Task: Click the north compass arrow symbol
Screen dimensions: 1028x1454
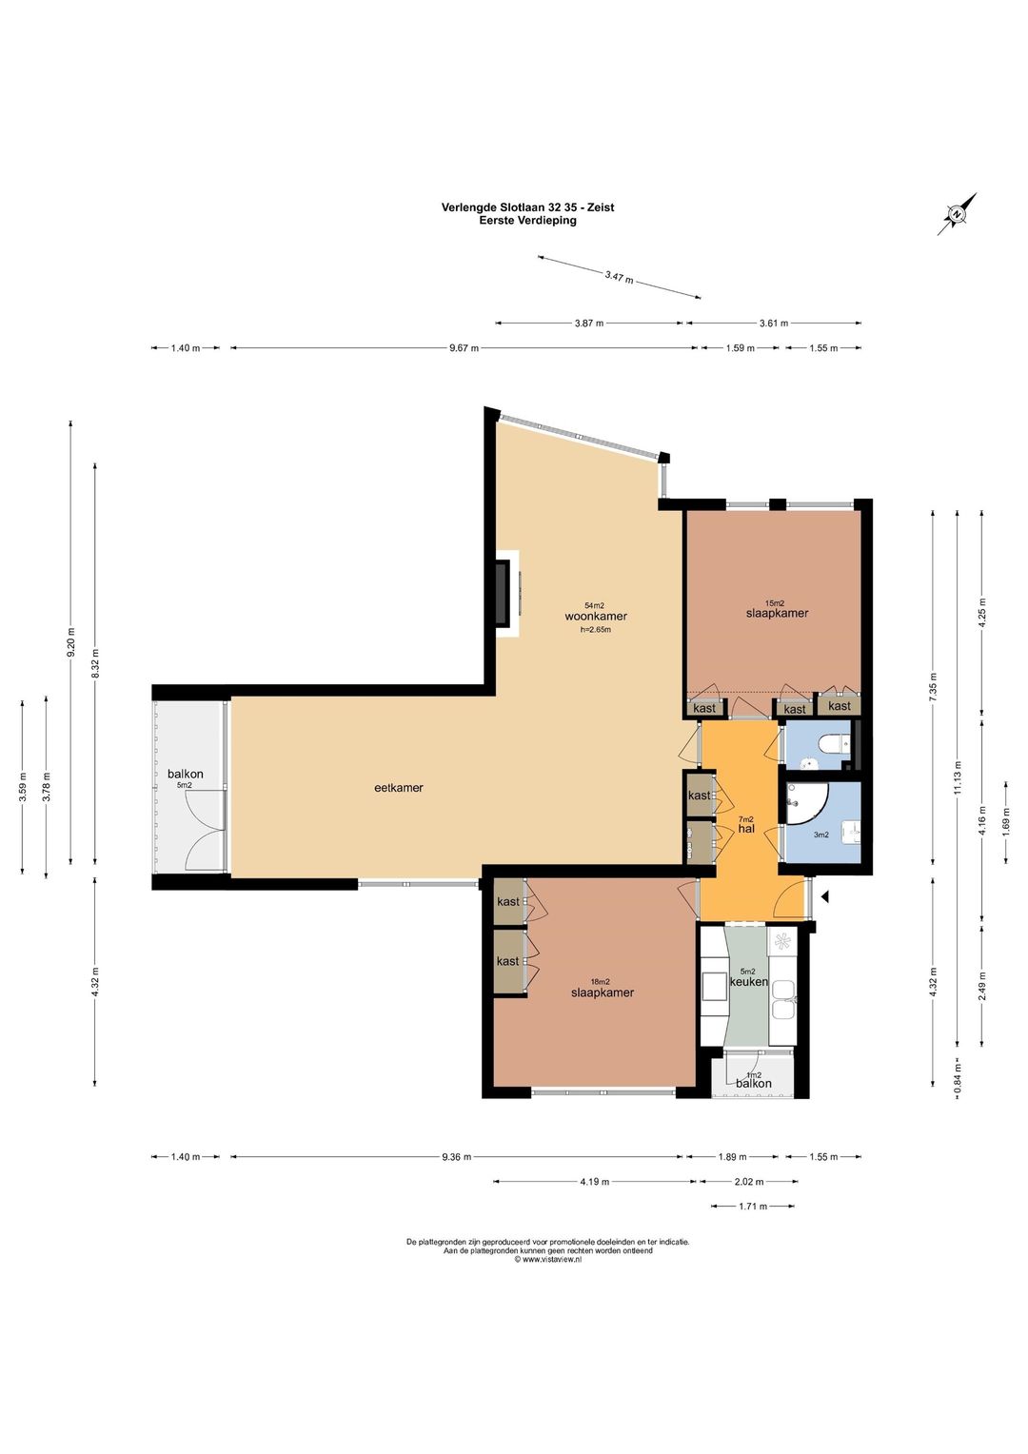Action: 958,213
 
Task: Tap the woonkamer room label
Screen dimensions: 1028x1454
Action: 596,616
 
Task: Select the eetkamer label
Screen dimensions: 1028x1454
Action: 399,787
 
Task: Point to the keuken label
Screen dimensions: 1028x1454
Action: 749,982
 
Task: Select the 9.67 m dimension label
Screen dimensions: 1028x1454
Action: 464,348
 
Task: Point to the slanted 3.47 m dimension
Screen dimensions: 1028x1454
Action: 619,277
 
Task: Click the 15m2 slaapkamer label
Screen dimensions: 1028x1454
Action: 777,609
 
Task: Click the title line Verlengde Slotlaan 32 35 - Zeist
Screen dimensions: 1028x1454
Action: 527,207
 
